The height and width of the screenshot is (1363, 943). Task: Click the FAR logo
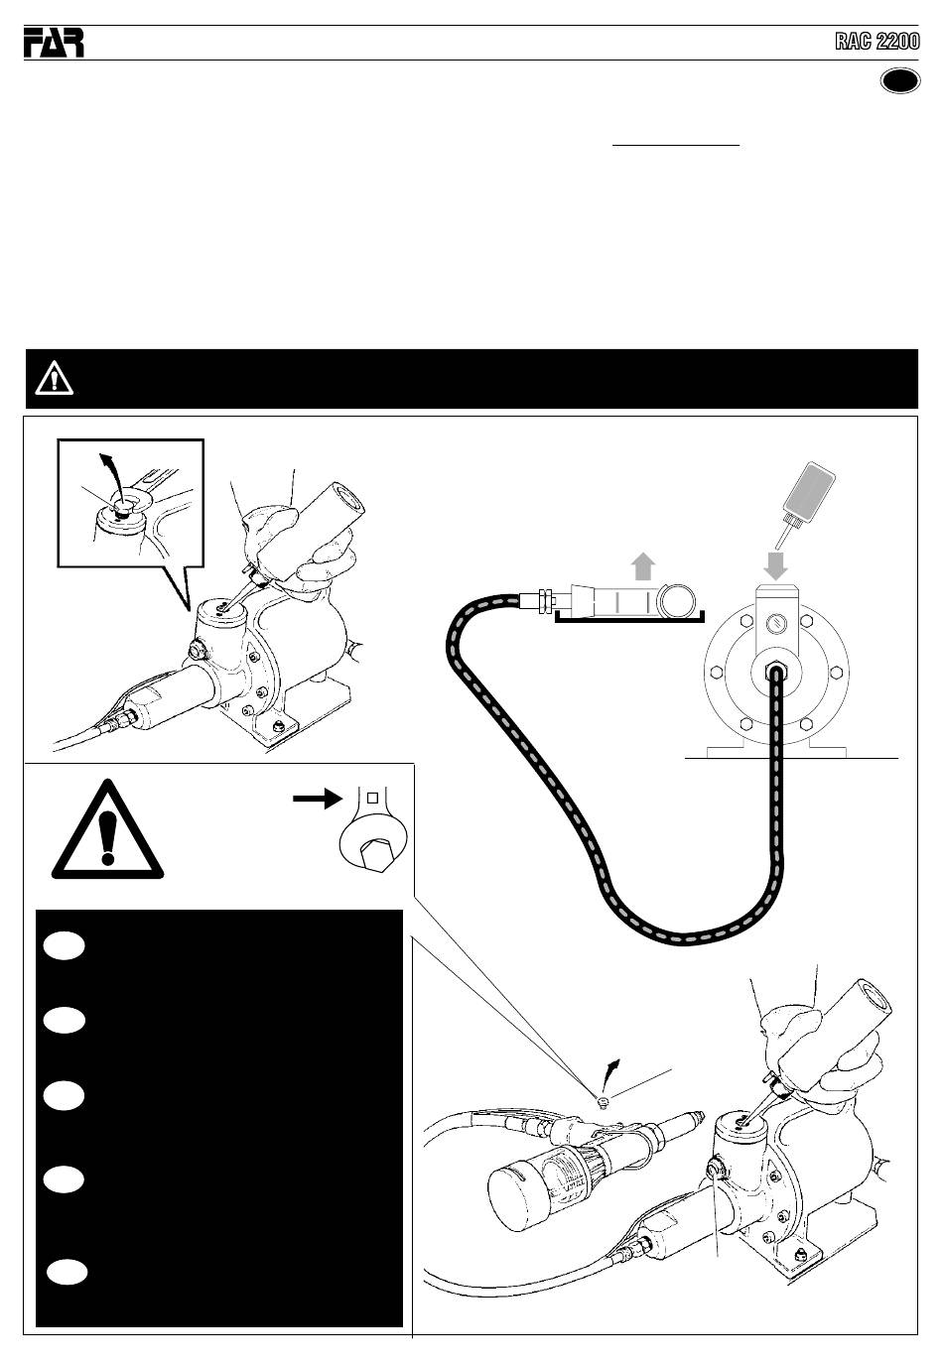(54, 44)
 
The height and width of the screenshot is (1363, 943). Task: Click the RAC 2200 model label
(877, 42)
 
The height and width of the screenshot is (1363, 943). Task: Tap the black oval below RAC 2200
(899, 81)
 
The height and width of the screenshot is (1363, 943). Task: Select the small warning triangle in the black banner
(55, 378)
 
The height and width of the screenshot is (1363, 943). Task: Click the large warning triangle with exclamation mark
(108, 830)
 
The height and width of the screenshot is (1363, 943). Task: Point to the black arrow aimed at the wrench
(318, 799)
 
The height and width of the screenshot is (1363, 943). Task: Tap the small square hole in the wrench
(373, 798)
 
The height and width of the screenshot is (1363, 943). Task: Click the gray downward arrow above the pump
(775, 565)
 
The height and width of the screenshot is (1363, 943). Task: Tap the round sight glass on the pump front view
(776, 623)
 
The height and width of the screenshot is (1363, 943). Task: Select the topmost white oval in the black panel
(64, 945)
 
